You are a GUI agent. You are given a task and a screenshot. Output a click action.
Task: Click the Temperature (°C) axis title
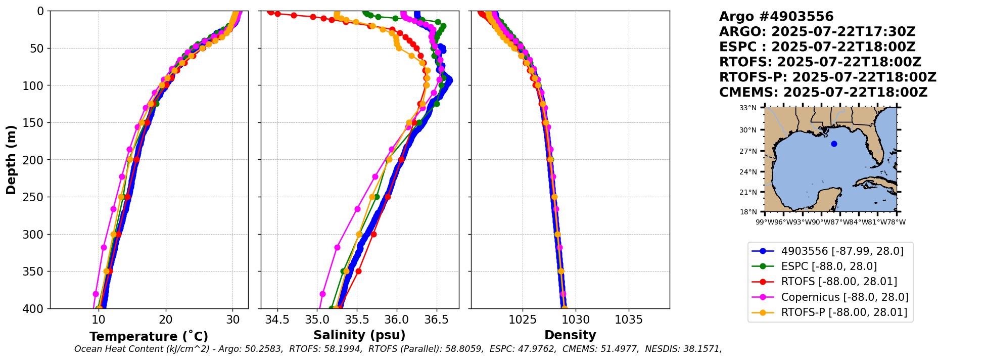149,337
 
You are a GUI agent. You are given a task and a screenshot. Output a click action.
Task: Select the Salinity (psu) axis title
359,335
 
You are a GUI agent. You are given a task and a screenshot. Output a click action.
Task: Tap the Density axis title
570,335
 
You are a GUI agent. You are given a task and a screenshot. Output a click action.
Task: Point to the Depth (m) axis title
11,160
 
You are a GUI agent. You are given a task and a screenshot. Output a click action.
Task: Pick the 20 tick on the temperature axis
166,320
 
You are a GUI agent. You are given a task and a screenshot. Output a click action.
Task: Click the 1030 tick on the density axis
576,320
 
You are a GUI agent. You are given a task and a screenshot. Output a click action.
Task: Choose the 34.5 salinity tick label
277,320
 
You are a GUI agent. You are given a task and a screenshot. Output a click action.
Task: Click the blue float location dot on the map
834,144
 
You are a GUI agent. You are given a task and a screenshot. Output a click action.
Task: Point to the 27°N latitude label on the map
748,151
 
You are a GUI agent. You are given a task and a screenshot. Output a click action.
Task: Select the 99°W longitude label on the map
765,222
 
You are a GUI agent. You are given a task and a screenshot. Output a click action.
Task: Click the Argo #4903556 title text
776,17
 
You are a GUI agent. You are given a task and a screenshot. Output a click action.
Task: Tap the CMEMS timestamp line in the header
823,93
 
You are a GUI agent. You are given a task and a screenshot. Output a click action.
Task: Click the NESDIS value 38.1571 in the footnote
704,349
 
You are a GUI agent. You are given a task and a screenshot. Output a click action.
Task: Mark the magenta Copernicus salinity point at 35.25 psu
337,247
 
